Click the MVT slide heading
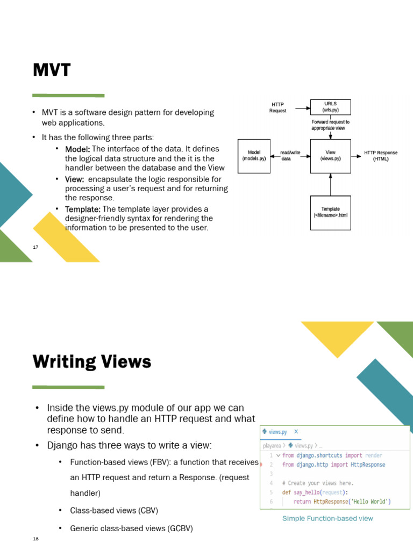point(52,70)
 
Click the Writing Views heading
point(92,362)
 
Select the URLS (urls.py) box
point(330,107)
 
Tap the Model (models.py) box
point(254,156)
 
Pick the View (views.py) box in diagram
point(330,156)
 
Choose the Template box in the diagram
point(330,212)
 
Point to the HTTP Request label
point(277,107)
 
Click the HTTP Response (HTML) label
point(381,156)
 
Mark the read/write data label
point(290,156)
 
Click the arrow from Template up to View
point(330,184)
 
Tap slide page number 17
point(35,247)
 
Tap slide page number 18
point(35,538)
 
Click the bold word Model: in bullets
point(78,149)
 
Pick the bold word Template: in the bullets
point(83,209)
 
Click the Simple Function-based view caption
point(327,518)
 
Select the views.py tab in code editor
point(277,432)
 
